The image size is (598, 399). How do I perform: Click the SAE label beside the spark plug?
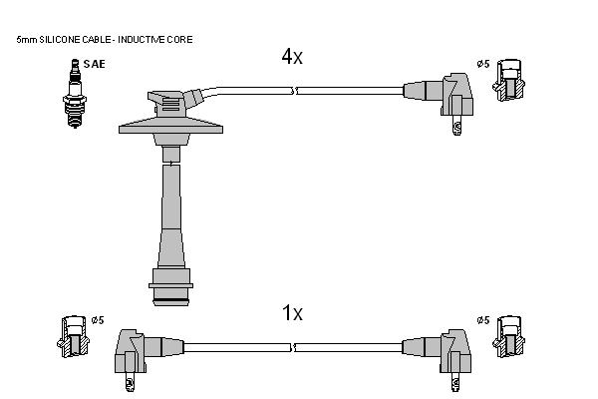coord(94,64)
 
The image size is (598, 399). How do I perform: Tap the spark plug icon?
coord(75,93)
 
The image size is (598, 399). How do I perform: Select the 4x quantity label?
coord(292,57)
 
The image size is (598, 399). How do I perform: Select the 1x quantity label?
coord(292,313)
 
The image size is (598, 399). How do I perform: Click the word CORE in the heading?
coord(183,39)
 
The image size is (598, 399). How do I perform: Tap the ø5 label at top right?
coord(482,64)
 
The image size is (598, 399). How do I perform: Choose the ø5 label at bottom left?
coord(98,320)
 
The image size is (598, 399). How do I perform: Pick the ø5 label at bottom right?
coord(482,320)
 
